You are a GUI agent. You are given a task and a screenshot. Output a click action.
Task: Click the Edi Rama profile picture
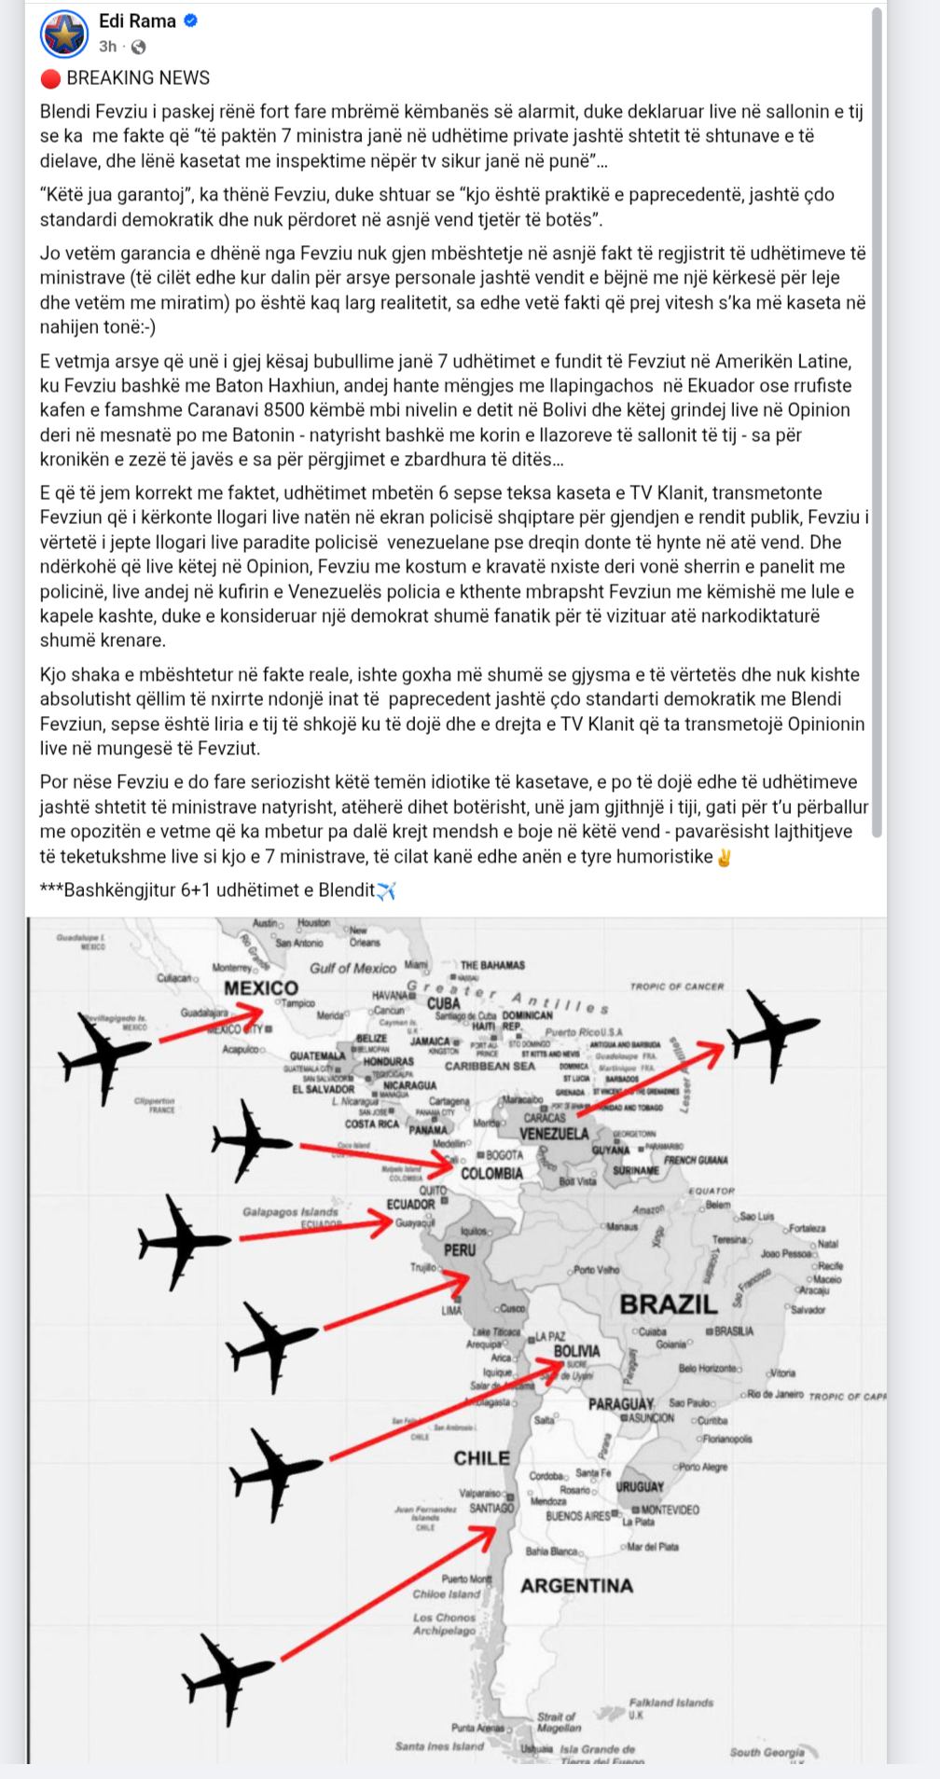[64, 34]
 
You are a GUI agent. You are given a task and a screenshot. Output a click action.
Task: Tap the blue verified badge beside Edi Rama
[190, 21]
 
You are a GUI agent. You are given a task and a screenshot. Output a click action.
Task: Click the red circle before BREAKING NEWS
[50, 78]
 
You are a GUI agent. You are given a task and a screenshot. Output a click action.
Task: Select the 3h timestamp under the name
[108, 47]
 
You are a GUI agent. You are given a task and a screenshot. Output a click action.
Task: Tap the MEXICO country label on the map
[261, 988]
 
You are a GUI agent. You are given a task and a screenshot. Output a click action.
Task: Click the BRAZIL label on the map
[669, 1304]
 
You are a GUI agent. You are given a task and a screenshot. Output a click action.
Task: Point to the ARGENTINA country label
[576, 1586]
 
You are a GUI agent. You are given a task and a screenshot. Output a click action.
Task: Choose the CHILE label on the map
[481, 1458]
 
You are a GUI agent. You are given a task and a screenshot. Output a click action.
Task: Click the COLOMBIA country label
[491, 1174]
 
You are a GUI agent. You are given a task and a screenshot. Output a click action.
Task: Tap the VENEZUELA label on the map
[554, 1134]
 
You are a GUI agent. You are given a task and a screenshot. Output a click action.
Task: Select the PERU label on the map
[460, 1249]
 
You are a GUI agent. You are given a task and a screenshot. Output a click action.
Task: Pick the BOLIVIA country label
[576, 1351]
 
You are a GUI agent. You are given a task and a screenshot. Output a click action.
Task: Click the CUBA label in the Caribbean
[444, 1003]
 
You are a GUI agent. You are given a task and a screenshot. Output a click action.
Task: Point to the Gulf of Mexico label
[352, 969]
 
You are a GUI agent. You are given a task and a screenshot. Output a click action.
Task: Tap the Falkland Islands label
[670, 1703]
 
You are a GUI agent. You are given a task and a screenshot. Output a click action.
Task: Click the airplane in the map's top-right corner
[770, 1030]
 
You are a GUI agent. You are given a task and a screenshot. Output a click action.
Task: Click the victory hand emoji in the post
[724, 857]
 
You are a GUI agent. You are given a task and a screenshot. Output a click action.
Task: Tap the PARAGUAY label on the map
[621, 1403]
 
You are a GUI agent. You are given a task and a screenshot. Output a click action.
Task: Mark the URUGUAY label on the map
[640, 1487]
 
